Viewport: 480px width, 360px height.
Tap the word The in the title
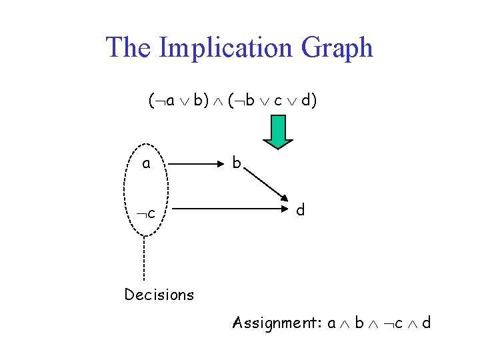[130, 48]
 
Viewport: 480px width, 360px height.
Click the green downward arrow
[277, 131]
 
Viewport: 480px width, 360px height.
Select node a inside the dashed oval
[146, 163]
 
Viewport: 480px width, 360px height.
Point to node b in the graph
[236, 162]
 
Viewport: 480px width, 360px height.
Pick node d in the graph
[301, 211]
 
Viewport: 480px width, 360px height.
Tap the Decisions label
[159, 294]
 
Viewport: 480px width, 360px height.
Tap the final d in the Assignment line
[426, 323]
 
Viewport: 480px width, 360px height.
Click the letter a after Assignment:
[331, 324]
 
